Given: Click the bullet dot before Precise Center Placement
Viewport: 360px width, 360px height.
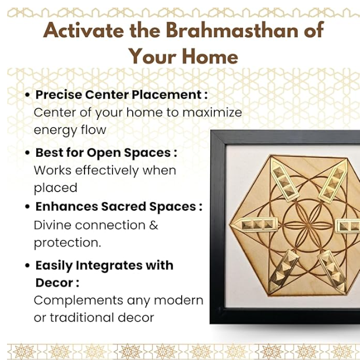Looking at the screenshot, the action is (27, 95).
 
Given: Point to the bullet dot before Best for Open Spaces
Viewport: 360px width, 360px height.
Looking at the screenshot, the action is (27, 153).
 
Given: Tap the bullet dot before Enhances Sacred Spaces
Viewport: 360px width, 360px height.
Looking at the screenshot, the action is (27, 207).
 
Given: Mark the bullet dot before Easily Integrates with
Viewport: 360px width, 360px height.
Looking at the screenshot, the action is (27, 266).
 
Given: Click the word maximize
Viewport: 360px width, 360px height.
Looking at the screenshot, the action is (212, 112).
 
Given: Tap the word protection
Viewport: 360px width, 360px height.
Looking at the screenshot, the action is (67, 243).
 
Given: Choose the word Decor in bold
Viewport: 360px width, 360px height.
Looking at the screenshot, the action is (54, 283).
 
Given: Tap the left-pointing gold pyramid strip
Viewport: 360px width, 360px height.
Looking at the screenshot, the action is (255, 224).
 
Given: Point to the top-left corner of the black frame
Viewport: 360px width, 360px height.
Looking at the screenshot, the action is (211, 131).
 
